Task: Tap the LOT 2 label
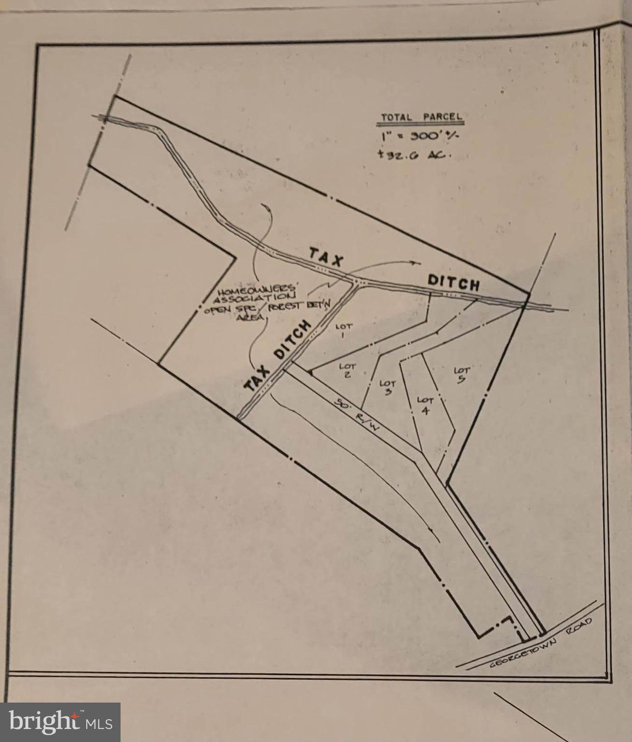(347, 370)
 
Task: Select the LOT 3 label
(388, 387)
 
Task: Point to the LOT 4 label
(425, 405)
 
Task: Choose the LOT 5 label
(461, 374)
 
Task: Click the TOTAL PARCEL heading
(421, 117)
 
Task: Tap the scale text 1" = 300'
(418, 136)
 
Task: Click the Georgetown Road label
(541, 643)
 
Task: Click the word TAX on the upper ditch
(326, 257)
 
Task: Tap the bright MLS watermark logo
(60, 722)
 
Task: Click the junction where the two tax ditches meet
(358, 282)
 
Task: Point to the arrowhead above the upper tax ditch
(413, 262)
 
